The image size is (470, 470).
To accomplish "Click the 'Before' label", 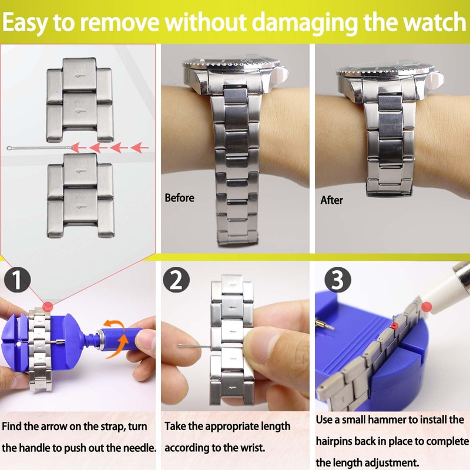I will coord(179,198).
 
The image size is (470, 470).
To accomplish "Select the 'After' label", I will coord(331,200).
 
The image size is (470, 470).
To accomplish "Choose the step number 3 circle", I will coord(337,280).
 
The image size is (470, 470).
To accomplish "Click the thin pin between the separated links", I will coord(41,147).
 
